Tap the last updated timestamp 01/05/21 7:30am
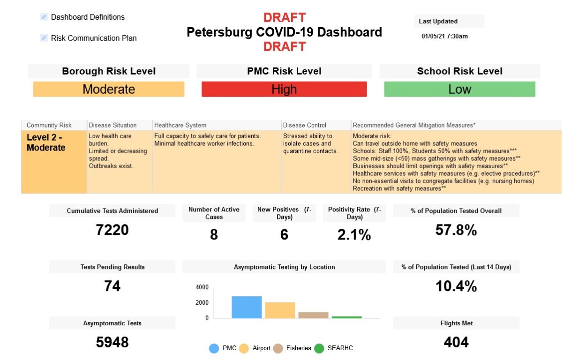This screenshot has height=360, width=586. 444,36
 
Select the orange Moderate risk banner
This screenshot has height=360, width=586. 109,89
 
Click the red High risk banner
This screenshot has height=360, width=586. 284,89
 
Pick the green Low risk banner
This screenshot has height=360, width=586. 459,89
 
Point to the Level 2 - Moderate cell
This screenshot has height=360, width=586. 54,162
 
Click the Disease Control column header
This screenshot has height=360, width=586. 305,125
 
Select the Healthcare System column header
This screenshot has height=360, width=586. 180,125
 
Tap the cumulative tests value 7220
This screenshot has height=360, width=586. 112,230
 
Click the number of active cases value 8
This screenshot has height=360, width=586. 214,234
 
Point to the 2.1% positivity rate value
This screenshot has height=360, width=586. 354,234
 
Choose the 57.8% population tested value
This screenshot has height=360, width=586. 456,230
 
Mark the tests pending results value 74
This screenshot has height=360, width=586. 112,285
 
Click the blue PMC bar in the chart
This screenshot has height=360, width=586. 247,307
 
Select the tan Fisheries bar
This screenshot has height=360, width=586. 313,315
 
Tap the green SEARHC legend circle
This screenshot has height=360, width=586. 319,348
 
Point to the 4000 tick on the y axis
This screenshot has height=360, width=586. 202,287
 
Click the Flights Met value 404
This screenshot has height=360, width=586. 456,342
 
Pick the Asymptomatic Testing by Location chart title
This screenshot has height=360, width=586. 284,267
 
